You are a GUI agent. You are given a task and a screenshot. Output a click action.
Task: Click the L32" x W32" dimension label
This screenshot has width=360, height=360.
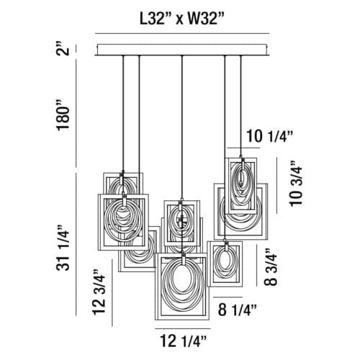(182, 19)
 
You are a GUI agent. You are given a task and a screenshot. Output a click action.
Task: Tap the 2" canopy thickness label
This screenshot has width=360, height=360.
(63, 50)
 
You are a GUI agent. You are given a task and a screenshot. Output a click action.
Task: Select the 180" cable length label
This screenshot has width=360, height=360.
(63, 115)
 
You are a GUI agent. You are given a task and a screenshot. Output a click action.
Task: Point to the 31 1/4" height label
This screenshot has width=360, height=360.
(63, 248)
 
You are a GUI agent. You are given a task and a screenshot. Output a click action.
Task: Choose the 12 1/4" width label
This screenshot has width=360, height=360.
(183, 341)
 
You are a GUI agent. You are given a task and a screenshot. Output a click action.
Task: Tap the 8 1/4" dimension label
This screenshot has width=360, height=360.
(238, 310)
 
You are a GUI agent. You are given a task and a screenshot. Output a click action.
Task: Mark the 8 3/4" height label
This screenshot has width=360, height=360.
(271, 267)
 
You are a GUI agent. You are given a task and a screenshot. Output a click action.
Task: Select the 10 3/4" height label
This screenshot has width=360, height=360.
(296, 184)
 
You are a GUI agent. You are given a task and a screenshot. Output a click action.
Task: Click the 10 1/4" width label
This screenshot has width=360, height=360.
(270, 136)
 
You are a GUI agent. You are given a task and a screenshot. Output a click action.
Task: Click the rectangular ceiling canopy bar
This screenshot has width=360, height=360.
(182, 50)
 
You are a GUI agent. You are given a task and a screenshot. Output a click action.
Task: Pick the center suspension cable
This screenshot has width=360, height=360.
(182, 127)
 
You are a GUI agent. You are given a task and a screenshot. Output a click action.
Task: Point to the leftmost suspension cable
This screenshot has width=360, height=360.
(123, 113)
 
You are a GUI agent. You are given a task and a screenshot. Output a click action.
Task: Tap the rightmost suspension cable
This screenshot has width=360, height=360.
(240, 106)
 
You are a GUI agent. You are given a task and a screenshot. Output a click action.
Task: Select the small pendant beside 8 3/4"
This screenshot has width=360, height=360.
(225, 264)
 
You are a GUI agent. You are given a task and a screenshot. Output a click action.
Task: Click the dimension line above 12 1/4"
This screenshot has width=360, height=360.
(183, 328)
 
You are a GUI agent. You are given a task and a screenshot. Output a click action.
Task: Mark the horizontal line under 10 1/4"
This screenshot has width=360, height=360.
(243, 148)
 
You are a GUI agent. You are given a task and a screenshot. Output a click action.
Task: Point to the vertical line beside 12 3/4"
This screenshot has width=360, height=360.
(112, 293)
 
